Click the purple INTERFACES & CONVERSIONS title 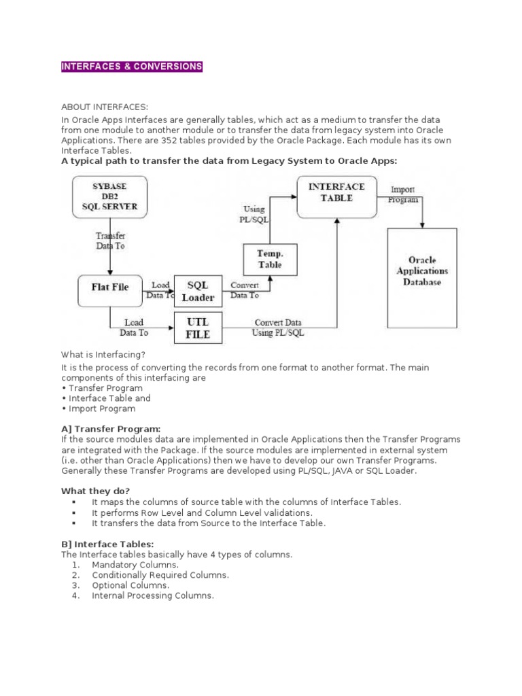(x=132, y=67)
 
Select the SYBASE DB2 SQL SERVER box (x=109, y=197)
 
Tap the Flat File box (x=109, y=287)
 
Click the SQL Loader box (x=198, y=292)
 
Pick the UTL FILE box (x=198, y=328)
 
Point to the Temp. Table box (x=269, y=259)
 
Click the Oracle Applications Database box (x=423, y=271)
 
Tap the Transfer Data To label (x=109, y=241)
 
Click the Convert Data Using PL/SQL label (x=279, y=328)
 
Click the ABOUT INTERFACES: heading (x=105, y=107)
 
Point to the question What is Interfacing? (x=103, y=354)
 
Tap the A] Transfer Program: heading (x=111, y=429)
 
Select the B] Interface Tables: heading (x=108, y=544)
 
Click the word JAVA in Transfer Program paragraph (x=330, y=470)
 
